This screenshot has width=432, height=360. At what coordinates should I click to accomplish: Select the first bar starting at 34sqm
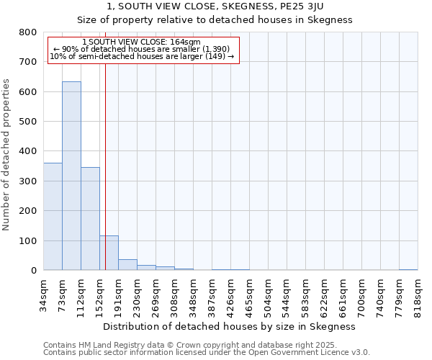(53, 216)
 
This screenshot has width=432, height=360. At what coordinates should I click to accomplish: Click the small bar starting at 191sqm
(127, 264)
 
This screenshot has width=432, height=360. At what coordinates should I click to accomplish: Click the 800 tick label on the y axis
(28, 32)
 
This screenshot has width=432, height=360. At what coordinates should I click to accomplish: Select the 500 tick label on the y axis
(28, 122)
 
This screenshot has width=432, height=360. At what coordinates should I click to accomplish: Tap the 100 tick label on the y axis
(28, 240)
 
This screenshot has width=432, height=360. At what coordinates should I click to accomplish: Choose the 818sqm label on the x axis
(418, 293)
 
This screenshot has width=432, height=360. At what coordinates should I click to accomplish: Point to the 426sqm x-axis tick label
(230, 293)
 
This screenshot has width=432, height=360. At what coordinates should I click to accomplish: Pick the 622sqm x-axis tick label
(324, 293)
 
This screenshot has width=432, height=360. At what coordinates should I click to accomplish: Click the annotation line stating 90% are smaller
(142, 49)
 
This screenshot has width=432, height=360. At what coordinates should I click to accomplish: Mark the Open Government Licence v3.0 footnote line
(207, 353)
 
